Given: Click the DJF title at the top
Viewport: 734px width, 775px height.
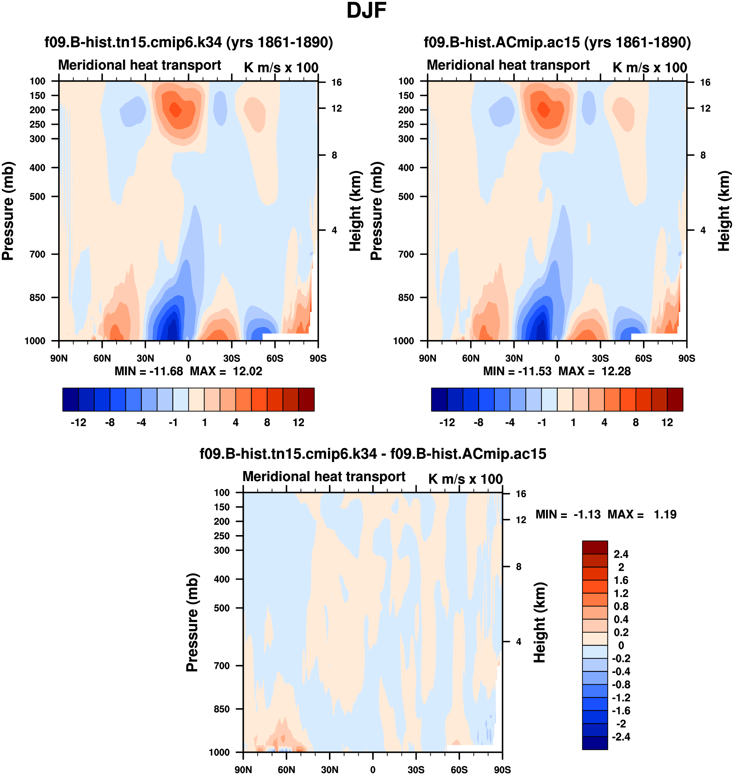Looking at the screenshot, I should coord(366,10).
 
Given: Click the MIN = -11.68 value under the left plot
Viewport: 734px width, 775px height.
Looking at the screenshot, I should coord(149,371).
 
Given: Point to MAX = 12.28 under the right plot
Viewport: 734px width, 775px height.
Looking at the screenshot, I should coord(595,371).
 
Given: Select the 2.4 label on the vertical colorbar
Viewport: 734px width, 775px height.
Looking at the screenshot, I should coord(621,554).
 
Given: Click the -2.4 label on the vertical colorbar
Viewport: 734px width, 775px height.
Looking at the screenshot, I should coord(621,737).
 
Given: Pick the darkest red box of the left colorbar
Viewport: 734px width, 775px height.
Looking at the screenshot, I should coord(306,400).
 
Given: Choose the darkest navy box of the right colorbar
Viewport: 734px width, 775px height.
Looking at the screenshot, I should coord(439,400).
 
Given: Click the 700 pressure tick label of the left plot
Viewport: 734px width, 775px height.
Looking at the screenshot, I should coord(38,254).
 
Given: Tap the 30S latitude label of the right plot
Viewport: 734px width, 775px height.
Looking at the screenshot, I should coord(600,358).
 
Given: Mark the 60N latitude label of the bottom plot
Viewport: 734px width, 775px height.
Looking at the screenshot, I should coord(286,769).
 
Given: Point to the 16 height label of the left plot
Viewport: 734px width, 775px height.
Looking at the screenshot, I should coord(336,82).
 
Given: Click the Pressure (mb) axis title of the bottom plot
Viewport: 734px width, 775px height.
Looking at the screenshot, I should coord(192,622).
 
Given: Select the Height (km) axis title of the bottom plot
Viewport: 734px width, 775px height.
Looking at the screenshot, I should coord(540,622).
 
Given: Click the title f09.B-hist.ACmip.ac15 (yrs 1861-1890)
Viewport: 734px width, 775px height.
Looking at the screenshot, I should coord(557,42).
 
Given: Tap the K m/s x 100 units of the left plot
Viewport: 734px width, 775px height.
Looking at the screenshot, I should coord(281,67).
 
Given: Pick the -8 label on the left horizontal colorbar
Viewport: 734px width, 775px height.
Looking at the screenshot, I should coord(110,423).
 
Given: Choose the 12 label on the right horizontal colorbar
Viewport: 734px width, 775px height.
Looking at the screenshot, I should coord(667,423).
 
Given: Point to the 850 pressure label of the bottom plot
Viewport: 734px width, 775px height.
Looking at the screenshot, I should coord(222,709).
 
